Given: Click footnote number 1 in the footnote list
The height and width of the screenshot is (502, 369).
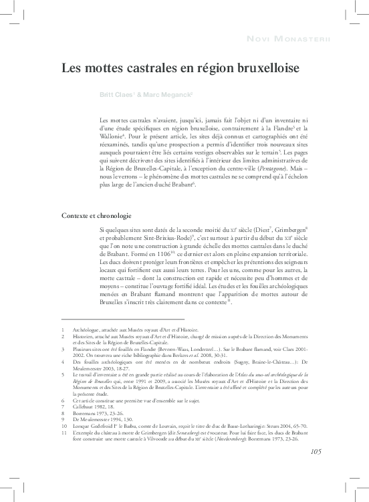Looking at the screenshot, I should (63, 330).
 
